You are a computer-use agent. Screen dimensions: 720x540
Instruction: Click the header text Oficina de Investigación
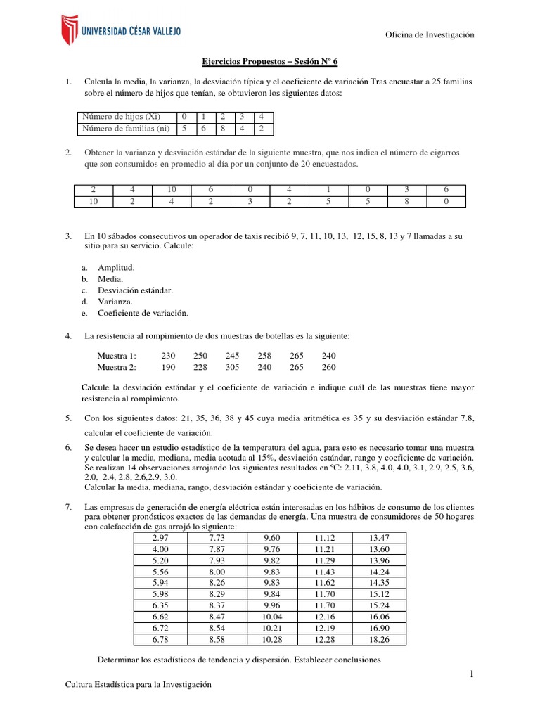click(x=431, y=35)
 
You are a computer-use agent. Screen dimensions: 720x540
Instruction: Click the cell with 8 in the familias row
click(x=222, y=129)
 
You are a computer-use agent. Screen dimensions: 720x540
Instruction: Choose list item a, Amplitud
click(x=115, y=268)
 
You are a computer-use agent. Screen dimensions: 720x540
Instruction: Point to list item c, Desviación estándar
click(x=135, y=290)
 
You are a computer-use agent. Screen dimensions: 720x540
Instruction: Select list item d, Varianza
click(x=115, y=302)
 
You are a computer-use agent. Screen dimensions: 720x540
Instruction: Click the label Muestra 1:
click(x=117, y=356)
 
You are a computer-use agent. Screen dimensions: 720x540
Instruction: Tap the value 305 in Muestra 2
click(x=233, y=367)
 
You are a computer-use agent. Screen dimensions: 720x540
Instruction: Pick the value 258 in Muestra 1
click(x=264, y=356)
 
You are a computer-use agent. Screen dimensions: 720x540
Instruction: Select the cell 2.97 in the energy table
click(x=160, y=537)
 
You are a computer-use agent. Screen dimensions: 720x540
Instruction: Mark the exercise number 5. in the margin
click(x=68, y=418)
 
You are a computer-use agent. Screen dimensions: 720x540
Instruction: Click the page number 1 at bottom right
click(x=473, y=675)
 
